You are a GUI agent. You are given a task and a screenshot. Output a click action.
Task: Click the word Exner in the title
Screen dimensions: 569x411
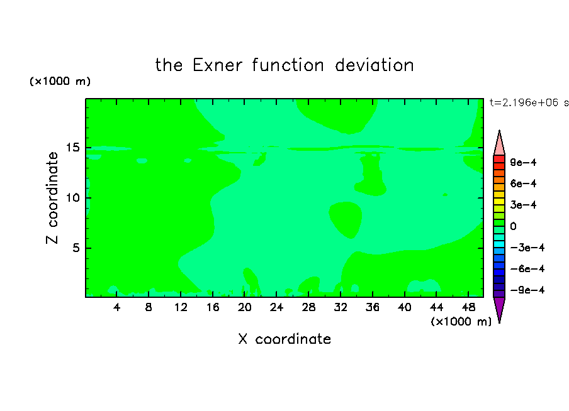tap(217, 65)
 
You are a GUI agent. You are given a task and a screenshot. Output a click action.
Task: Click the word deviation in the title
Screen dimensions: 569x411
tap(374, 65)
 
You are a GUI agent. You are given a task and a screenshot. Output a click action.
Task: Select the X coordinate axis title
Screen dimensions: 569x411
tap(284, 339)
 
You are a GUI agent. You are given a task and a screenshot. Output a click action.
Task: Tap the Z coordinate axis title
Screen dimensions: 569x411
tap(52, 197)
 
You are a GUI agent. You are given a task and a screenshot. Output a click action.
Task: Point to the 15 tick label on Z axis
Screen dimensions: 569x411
tap(73, 148)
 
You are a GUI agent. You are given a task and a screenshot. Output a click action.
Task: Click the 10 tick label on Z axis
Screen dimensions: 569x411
tap(73, 198)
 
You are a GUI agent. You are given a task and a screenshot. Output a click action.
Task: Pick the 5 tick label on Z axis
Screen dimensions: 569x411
tap(76, 248)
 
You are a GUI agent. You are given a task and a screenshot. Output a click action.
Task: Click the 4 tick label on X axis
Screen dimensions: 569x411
tap(116, 307)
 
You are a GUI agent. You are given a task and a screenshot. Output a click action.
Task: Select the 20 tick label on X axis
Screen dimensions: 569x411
tap(245, 307)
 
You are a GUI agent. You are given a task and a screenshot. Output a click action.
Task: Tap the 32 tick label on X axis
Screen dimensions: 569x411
tap(341, 307)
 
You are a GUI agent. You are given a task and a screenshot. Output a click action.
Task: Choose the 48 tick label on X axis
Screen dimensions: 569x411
tap(468, 307)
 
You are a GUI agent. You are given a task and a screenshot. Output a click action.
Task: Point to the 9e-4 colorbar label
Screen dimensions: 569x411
tap(523, 162)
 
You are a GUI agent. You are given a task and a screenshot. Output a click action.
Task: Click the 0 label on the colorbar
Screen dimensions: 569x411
tap(513, 226)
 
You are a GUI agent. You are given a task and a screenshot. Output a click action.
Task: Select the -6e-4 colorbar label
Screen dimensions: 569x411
tap(527, 269)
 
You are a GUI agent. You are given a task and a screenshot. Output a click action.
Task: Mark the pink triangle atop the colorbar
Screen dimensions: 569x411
tap(499, 145)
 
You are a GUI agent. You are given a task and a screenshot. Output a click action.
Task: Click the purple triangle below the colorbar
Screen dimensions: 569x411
tap(499, 308)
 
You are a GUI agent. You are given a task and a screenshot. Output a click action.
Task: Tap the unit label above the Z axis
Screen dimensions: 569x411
tap(60, 81)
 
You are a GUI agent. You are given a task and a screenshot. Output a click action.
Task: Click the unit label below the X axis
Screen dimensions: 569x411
tap(461, 322)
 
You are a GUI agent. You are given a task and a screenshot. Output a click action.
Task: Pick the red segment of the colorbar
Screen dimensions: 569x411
tap(499, 159)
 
